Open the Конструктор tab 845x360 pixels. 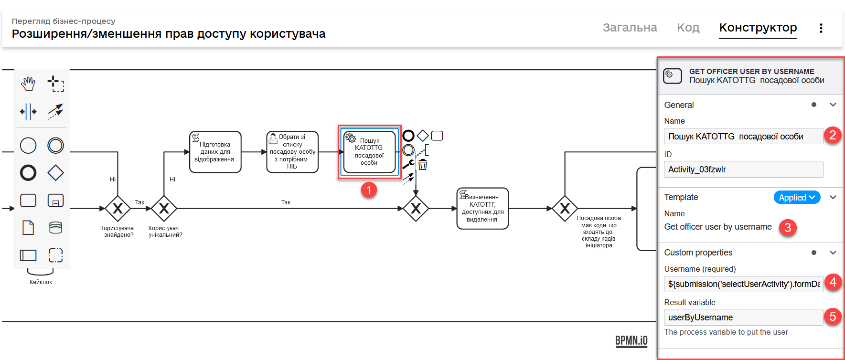tap(758, 28)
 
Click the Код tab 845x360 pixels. tap(688, 28)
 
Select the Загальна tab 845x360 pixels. tap(630, 28)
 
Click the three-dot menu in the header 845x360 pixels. tap(821, 28)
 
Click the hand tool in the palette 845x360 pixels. tap(28, 84)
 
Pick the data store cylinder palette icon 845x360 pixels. tap(55, 228)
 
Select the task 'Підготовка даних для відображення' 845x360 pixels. tap(215, 152)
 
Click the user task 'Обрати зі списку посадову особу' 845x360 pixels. tap(292, 152)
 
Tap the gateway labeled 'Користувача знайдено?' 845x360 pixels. tap(118, 209)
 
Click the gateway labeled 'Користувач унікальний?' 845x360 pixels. tap(164, 209)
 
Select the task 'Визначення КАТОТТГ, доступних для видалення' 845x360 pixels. tap(482, 208)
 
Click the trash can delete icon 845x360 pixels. tap(423, 165)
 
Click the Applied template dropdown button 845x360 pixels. tap(796, 197)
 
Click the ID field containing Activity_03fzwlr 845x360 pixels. tap(743, 169)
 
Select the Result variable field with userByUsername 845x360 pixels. tap(743, 318)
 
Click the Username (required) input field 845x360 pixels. tap(743, 284)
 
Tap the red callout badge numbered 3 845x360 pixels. tap(787, 228)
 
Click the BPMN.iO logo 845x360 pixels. tap(631, 340)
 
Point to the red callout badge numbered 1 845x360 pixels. tap(368, 190)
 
